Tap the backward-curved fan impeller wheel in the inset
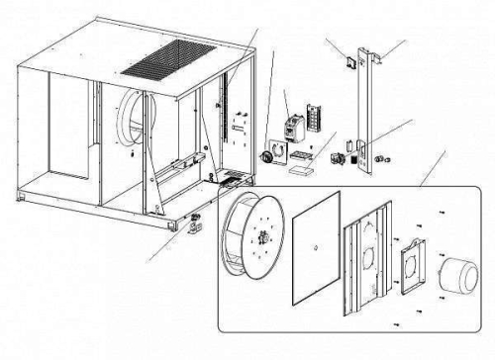[x=260, y=236]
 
